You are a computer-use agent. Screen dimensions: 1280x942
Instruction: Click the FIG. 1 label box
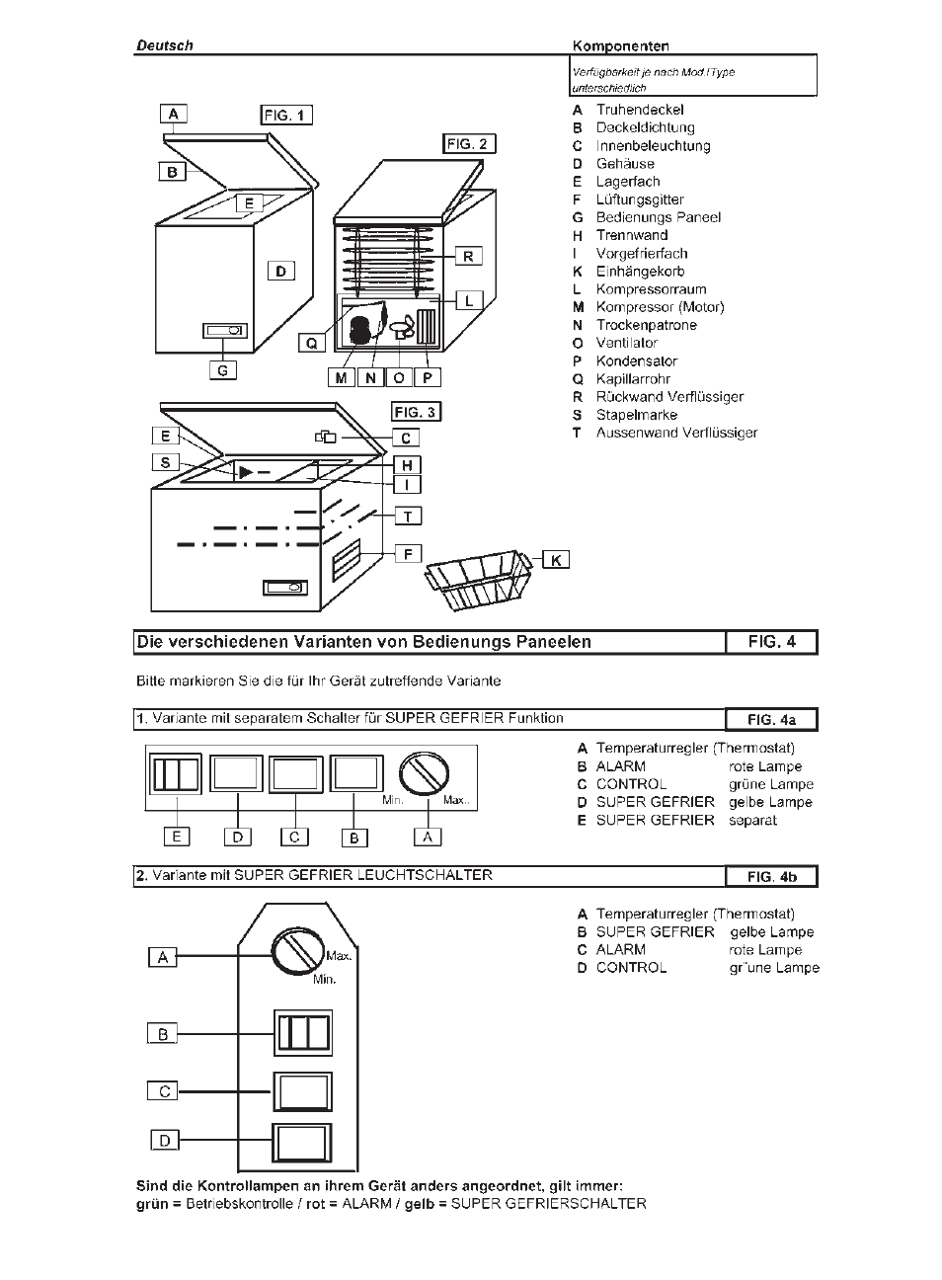tap(286, 115)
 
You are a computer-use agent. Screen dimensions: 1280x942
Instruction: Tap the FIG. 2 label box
tap(469, 144)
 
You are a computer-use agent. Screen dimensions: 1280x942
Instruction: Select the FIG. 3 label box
tap(415, 412)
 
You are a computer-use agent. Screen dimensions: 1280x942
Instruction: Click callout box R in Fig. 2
tap(468, 256)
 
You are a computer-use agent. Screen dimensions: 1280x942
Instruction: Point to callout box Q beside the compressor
tap(312, 343)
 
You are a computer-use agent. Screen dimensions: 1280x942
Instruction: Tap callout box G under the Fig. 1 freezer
tap(223, 370)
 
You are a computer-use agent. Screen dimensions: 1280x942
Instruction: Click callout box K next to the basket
tap(556, 560)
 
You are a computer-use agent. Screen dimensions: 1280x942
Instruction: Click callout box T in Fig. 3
tap(407, 515)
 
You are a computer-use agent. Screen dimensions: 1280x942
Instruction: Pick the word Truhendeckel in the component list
tap(639, 110)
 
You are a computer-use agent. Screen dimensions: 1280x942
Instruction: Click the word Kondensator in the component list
tap(636, 360)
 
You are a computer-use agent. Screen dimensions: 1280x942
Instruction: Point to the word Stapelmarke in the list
tap(636, 415)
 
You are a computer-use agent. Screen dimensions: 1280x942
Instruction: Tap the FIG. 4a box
tap(771, 719)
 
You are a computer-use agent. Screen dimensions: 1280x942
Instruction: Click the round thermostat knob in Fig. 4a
tap(425, 773)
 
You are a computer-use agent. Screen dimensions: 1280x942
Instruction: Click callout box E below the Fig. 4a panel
tap(177, 837)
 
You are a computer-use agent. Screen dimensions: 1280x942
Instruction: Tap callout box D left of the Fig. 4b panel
tap(165, 1140)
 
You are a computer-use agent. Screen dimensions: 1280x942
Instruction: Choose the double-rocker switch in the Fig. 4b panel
tap(303, 1034)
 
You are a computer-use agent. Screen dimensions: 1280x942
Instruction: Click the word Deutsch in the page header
tap(164, 45)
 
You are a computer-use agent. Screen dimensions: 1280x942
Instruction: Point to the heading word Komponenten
tap(620, 45)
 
